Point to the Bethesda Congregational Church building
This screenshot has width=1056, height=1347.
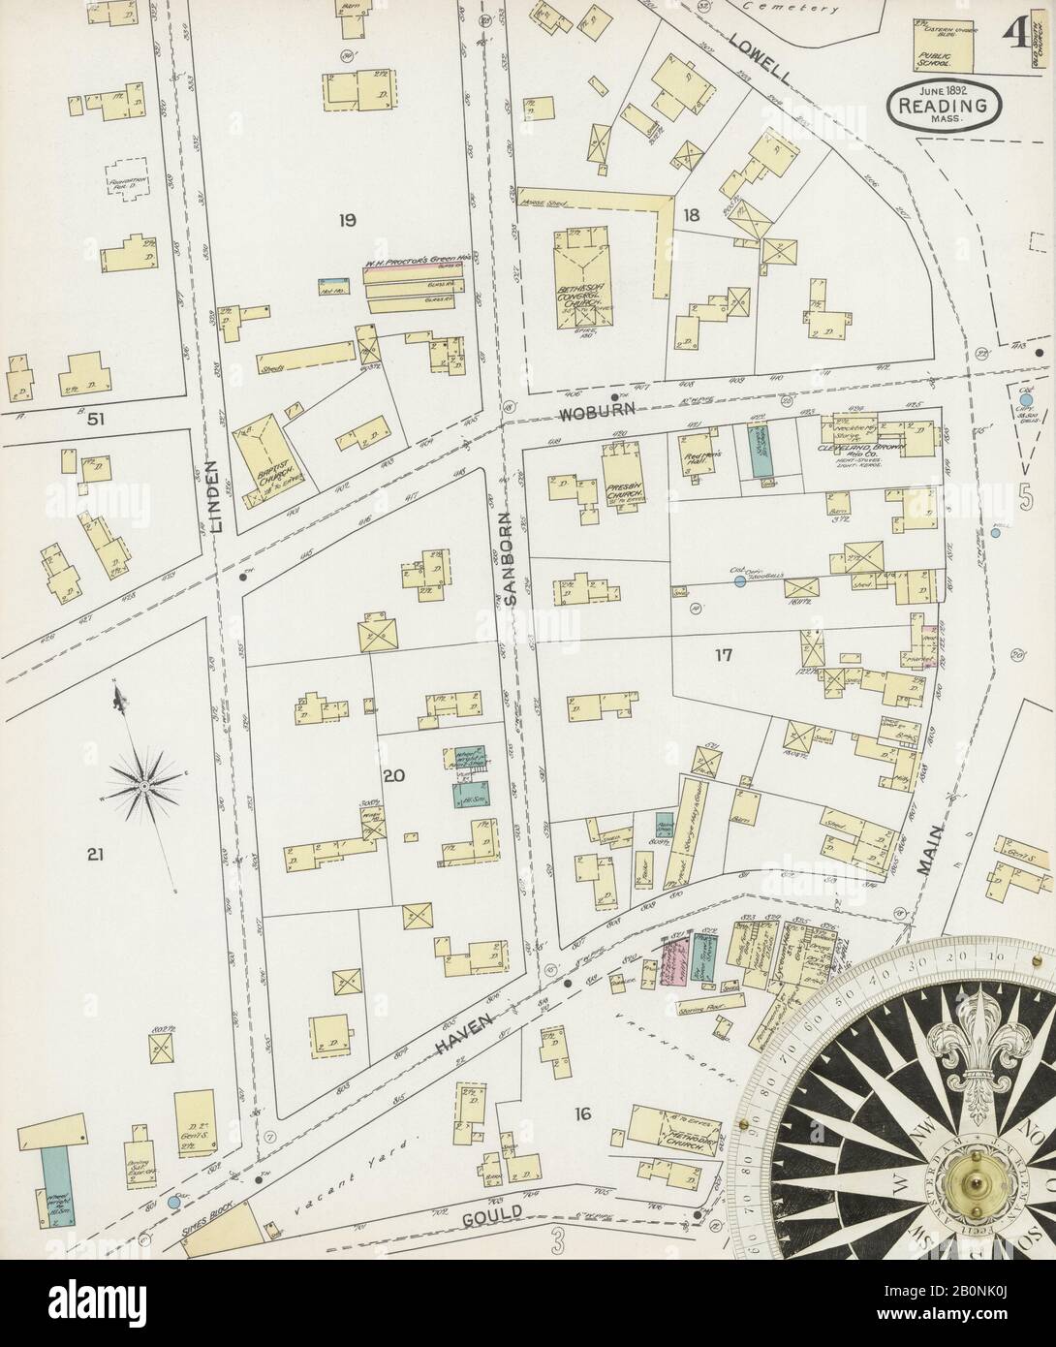click(583, 281)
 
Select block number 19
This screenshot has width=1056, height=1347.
click(346, 221)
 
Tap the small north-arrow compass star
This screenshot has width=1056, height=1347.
click(142, 782)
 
